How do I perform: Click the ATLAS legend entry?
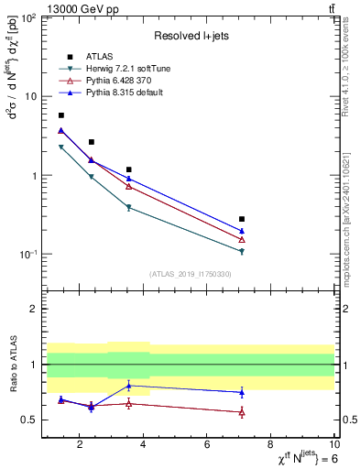(x=99, y=56)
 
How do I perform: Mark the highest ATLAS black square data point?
(x=61, y=115)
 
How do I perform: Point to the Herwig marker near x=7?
(x=242, y=251)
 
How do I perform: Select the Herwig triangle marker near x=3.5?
(x=129, y=208)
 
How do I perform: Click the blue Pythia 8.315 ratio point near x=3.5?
(x=129, y=385)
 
